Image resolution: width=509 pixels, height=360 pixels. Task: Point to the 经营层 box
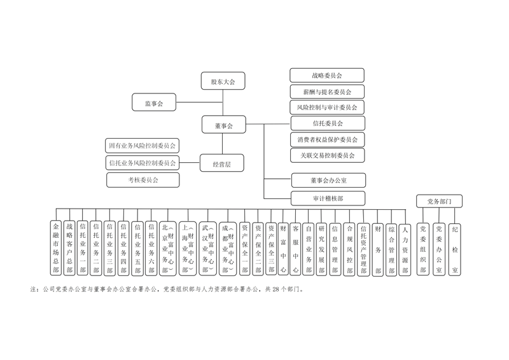click(x=221, y=163)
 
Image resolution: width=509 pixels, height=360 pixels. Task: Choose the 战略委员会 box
click(x=327, y=76)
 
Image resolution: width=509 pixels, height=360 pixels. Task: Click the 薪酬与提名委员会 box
click(x=327, y=92)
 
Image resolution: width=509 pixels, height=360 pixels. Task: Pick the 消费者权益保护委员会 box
click(x=327, y=139)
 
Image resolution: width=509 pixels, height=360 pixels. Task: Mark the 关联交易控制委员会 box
click(x=327, y=155)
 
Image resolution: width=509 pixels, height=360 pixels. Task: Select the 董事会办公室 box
click(x=328, y=181)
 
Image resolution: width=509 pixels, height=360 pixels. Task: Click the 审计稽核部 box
click(x=328, y=198)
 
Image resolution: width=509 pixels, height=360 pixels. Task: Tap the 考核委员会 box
click(x=143, y=180)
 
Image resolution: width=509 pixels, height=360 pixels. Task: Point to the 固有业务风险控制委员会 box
click(x=143, y=146)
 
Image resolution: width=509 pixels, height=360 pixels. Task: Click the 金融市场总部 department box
click(x=56, y=247)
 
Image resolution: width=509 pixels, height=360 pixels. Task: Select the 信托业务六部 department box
click(x=151, y=247)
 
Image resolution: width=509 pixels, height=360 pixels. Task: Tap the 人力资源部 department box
click(x=405, y=247)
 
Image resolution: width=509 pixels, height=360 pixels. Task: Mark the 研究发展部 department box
click(x=322, y=247)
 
